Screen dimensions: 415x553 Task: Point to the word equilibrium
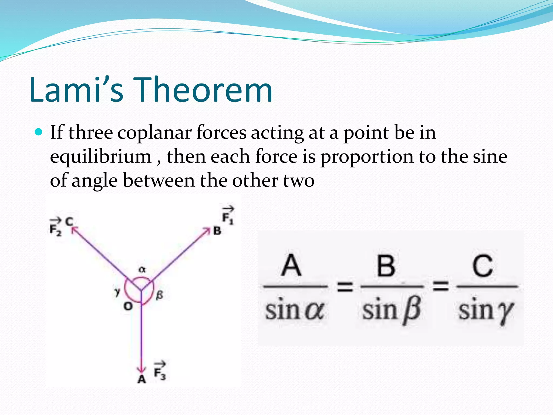tap(101, 157)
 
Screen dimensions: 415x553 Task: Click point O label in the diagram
tap(128, 306)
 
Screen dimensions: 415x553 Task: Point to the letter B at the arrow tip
tap(217, 231)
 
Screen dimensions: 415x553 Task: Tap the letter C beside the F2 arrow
tap(69, 222)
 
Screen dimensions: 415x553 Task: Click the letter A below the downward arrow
tap(141, 379)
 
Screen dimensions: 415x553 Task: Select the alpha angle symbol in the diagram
tap(142, 269)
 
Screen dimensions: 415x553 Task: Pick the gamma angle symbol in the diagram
tap(117, 292)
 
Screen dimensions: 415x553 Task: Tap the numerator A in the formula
tap(291, 265)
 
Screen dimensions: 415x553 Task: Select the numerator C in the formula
tap(483, 266)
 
